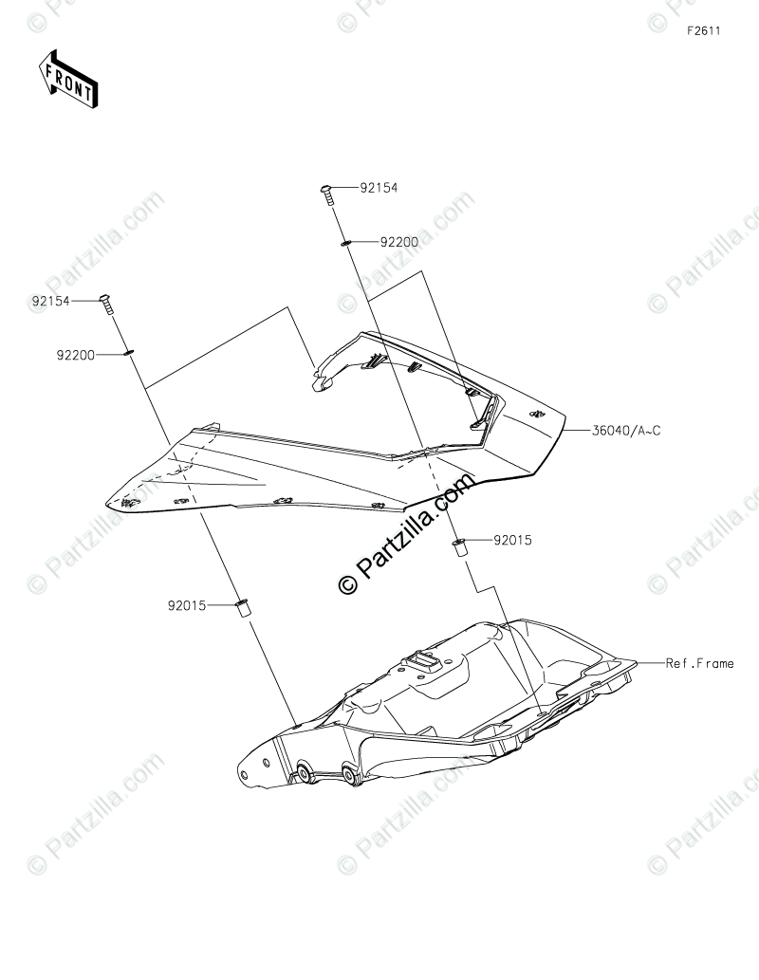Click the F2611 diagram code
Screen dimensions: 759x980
point(705,30)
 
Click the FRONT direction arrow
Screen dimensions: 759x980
point(66,80)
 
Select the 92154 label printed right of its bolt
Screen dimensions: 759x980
point(379,188)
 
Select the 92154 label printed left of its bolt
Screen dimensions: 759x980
point(51,301)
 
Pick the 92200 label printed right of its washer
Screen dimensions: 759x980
point(399,242)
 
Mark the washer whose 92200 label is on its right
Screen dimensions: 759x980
point(346,244)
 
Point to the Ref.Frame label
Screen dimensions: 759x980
point(699,663)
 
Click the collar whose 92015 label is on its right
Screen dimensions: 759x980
point(459,546)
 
